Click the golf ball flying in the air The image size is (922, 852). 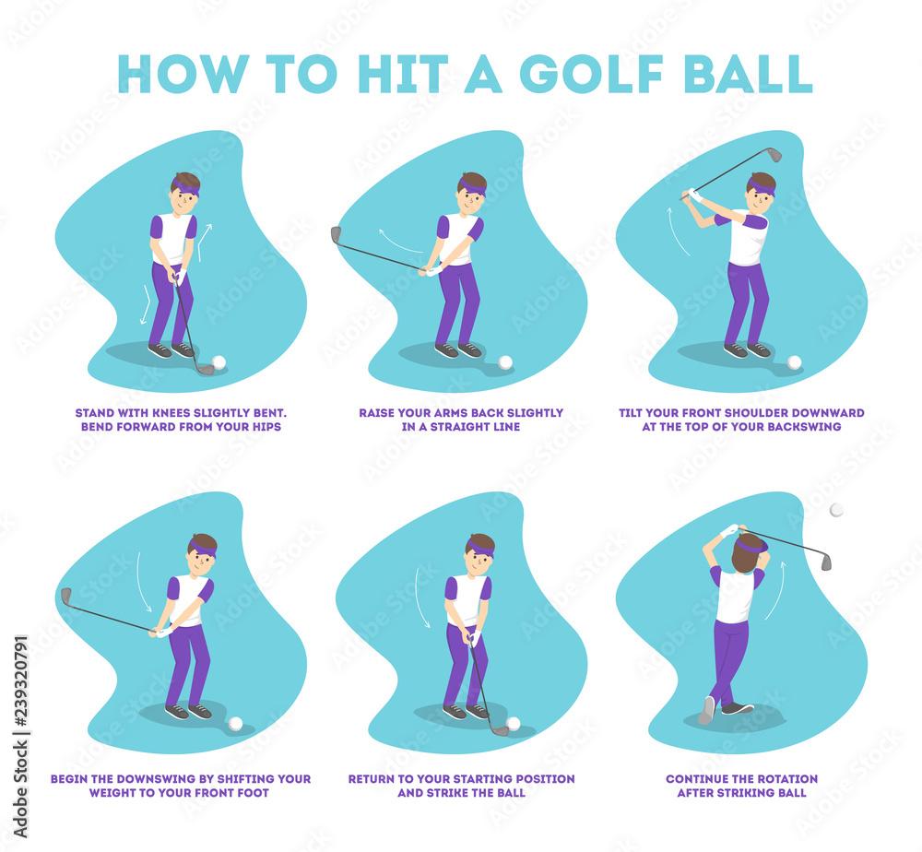click(x=836, y=510)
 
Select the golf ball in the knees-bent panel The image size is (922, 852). click(x=219, y=362)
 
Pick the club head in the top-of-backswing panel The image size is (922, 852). click(x=774, y=155)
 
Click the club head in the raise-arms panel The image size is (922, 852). click(x=337, y=234)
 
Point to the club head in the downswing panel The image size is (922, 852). click(x=65, y=596)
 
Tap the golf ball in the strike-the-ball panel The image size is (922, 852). click(x=513, y=724)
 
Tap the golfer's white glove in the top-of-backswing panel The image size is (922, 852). click(x=694, y=195)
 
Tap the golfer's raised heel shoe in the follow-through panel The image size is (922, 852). click(x=706, y=709)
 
